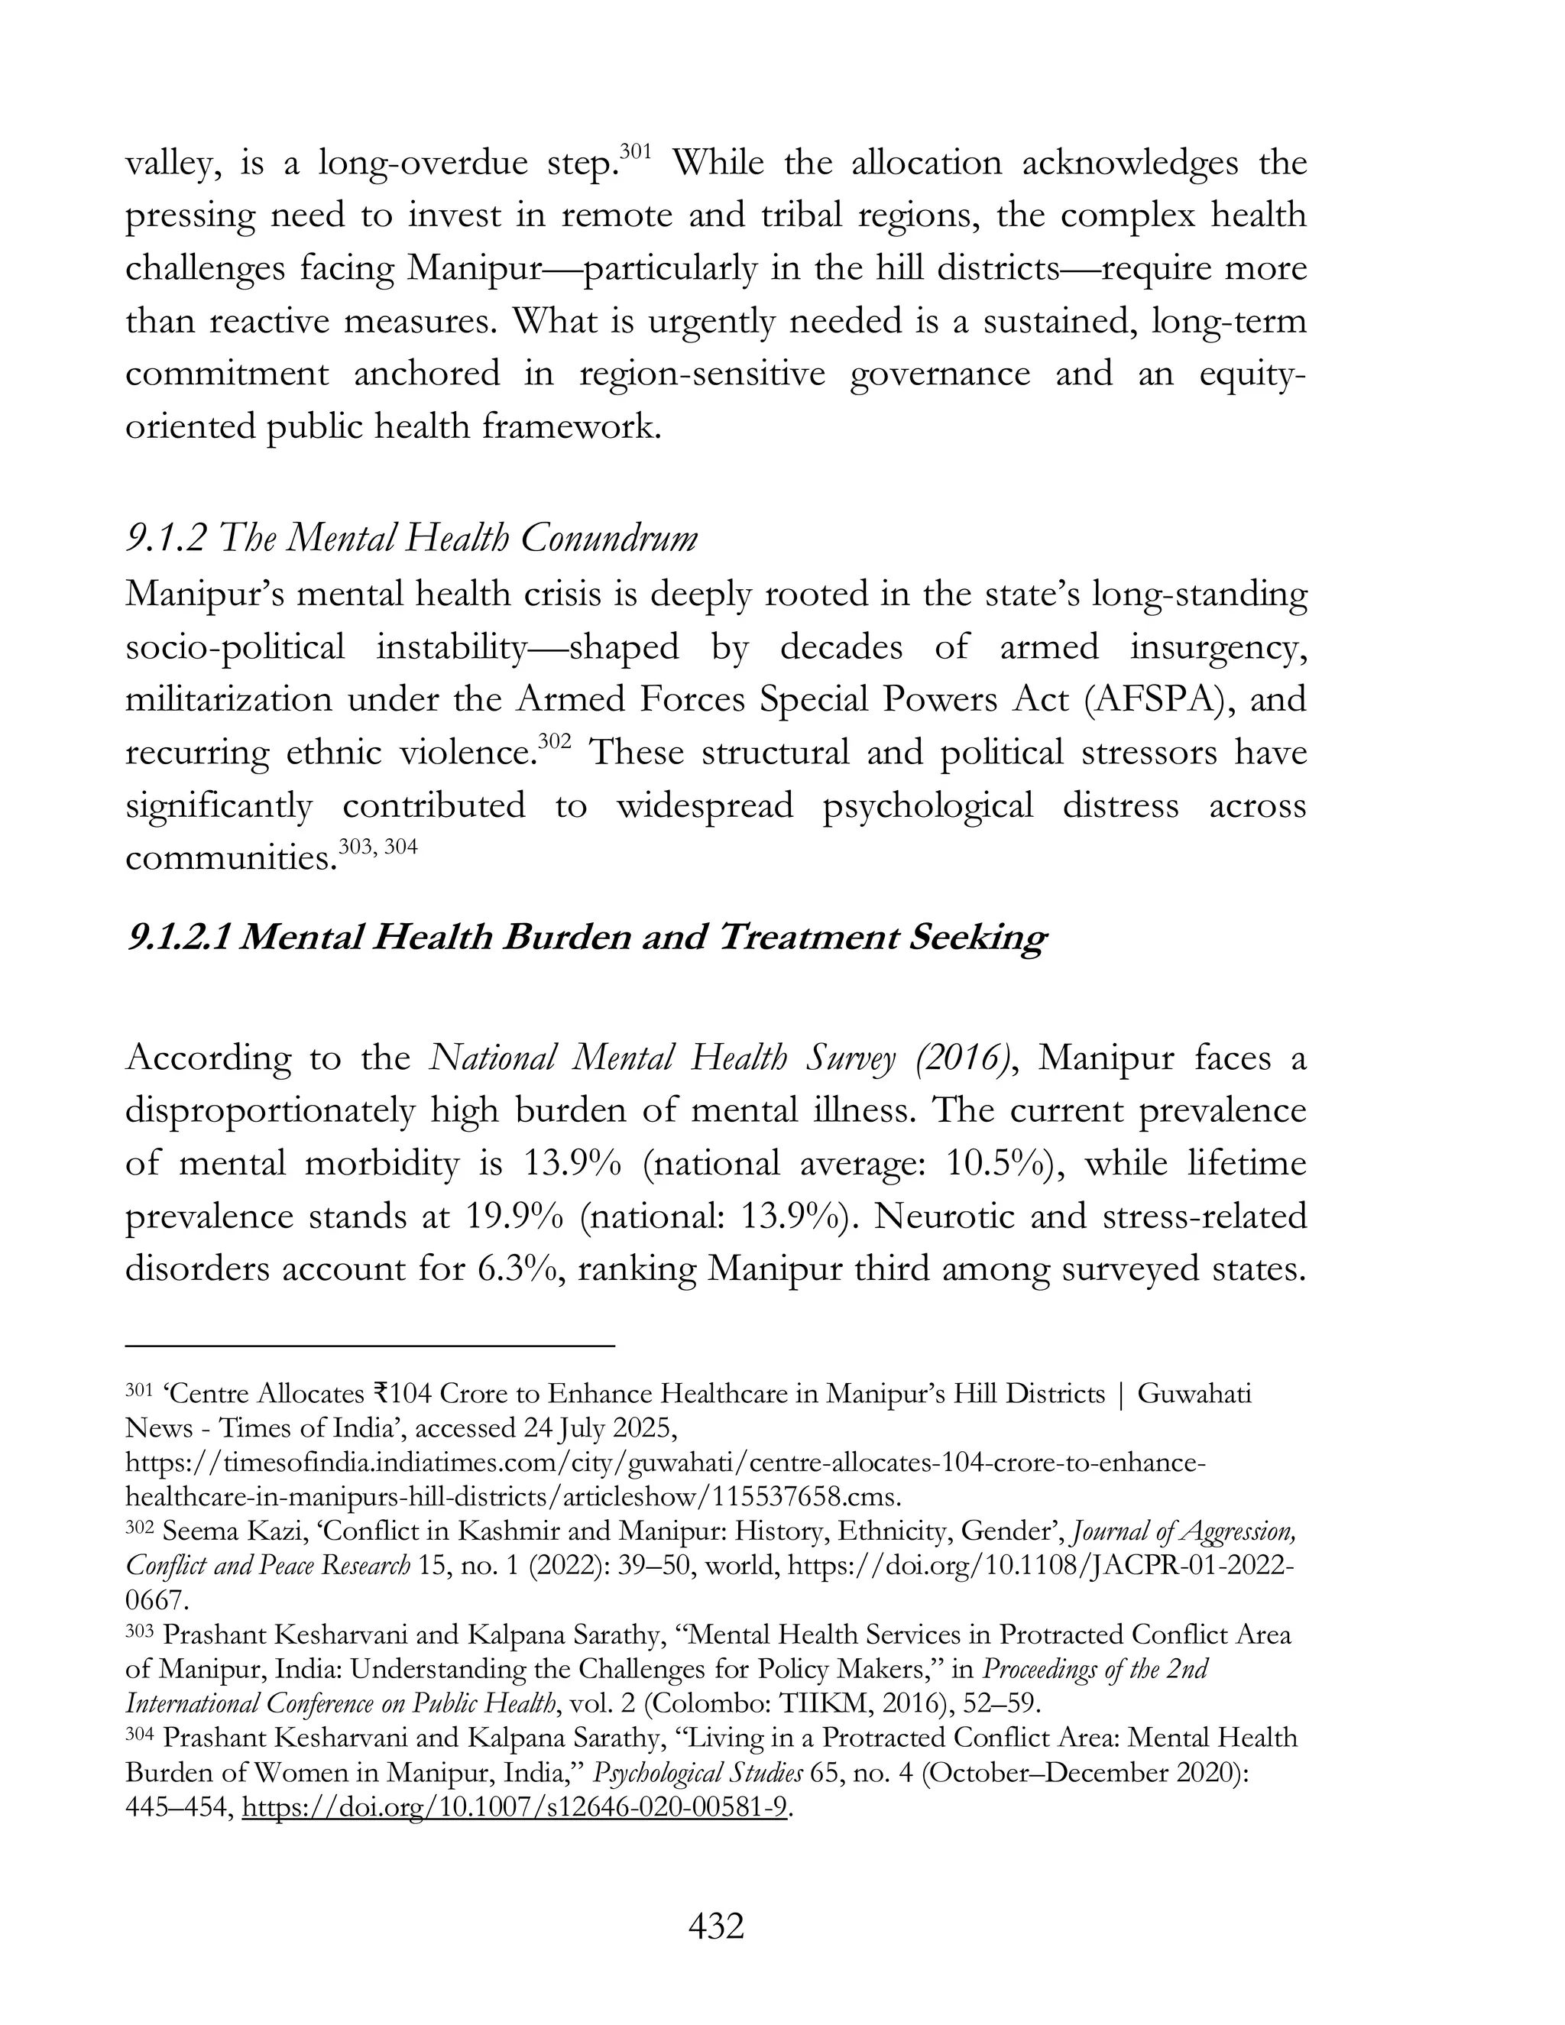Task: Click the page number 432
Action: click(716, 1926)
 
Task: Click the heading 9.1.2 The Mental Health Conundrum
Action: click(410, 539)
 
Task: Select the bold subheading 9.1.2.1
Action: click(586, 938)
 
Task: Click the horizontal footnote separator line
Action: click(369, 1343)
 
